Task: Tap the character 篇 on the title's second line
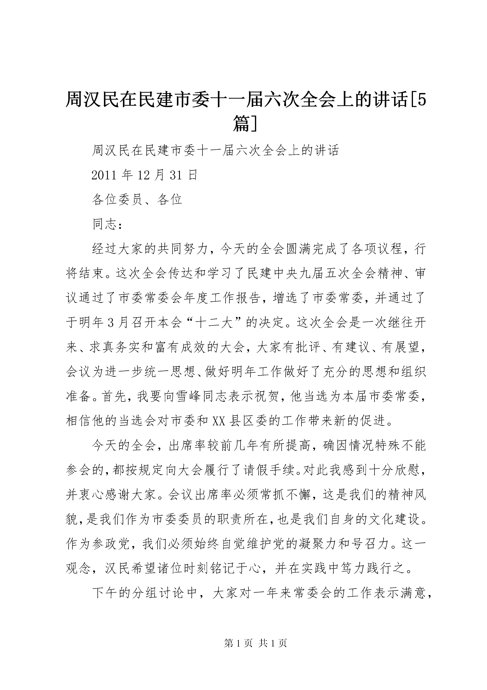[x=241, y=124]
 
